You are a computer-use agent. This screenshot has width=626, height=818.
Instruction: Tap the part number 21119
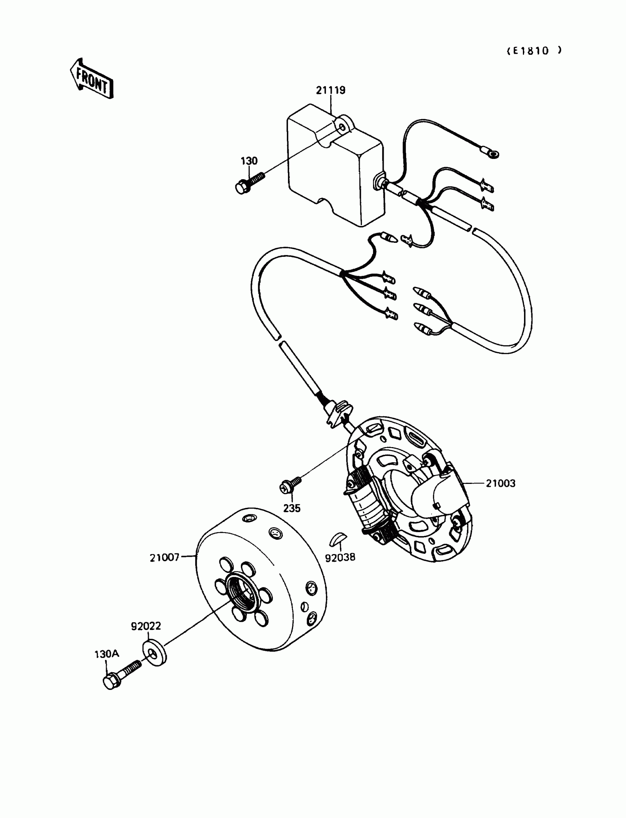(x=331, y=91)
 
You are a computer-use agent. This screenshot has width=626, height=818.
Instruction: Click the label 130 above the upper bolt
(x=249, y=161)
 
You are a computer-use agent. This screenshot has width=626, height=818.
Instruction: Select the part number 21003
(x=500, y=483)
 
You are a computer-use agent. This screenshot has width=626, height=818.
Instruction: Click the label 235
(x=291, y=508)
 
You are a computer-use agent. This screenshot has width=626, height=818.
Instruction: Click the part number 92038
(x=340, y=557)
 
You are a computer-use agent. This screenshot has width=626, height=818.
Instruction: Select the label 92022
(x=146, y=626)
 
